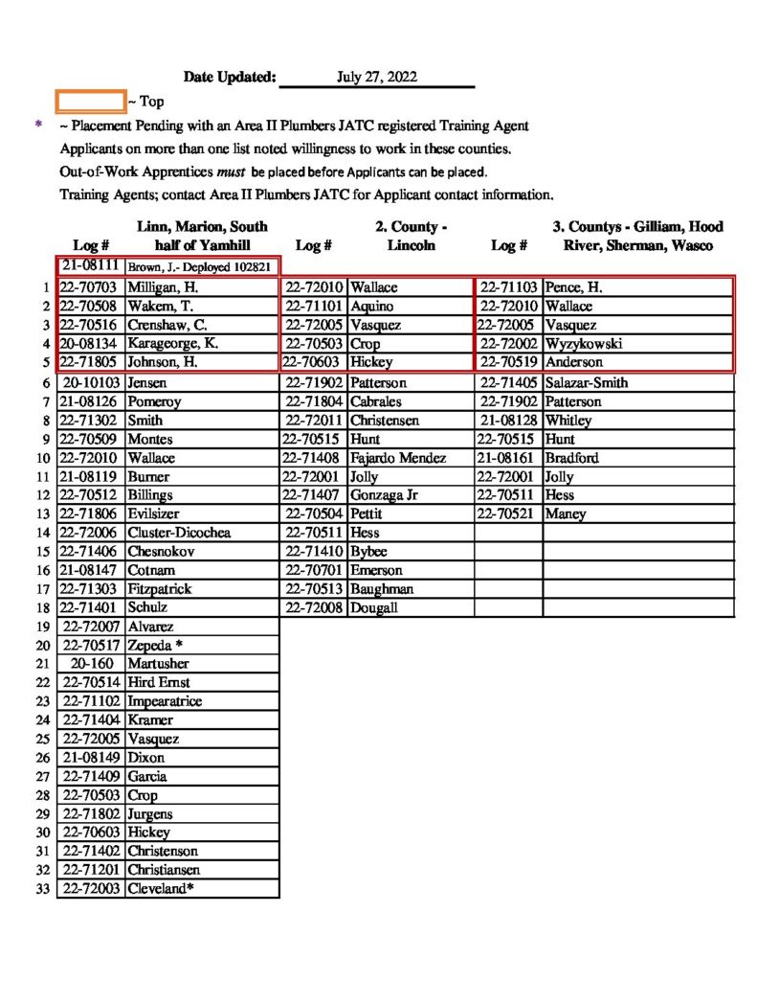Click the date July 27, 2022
(x=376, y=78)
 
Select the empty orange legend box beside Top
(x=91, y=101)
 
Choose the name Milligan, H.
(x=162, y=287)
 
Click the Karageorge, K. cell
(x=173, y=344)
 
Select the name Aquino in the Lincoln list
(x=372, y=307)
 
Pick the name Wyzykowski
(x=584, y=344)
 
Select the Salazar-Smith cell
(x=587, y=382)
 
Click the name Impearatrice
(x=165, y=701)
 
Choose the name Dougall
(x=374, y=607)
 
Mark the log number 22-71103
(x=510, y=287)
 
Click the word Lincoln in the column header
(x=412, y=245)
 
